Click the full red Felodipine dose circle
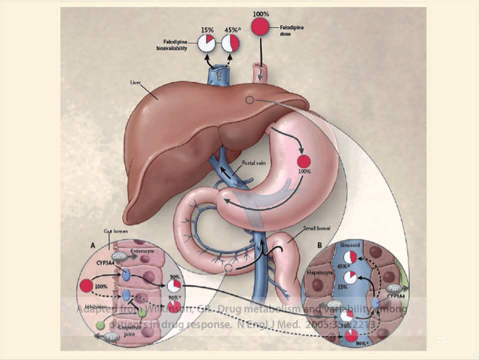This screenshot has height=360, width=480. [x=259, y=27]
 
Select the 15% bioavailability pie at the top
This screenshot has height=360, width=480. [x=206, y=43]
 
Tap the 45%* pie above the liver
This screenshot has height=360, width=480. [x=230, y=43]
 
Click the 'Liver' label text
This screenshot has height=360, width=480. [x=135, y=81]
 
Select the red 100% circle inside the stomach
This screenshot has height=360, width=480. [x=304, y=161]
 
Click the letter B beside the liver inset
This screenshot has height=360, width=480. [x=319, y=245]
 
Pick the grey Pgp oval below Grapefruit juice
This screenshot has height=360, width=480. [x=112, y=337]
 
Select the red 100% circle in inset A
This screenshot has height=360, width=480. [x=86, y=285]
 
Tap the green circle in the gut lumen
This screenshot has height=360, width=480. [x=100, y=325]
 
